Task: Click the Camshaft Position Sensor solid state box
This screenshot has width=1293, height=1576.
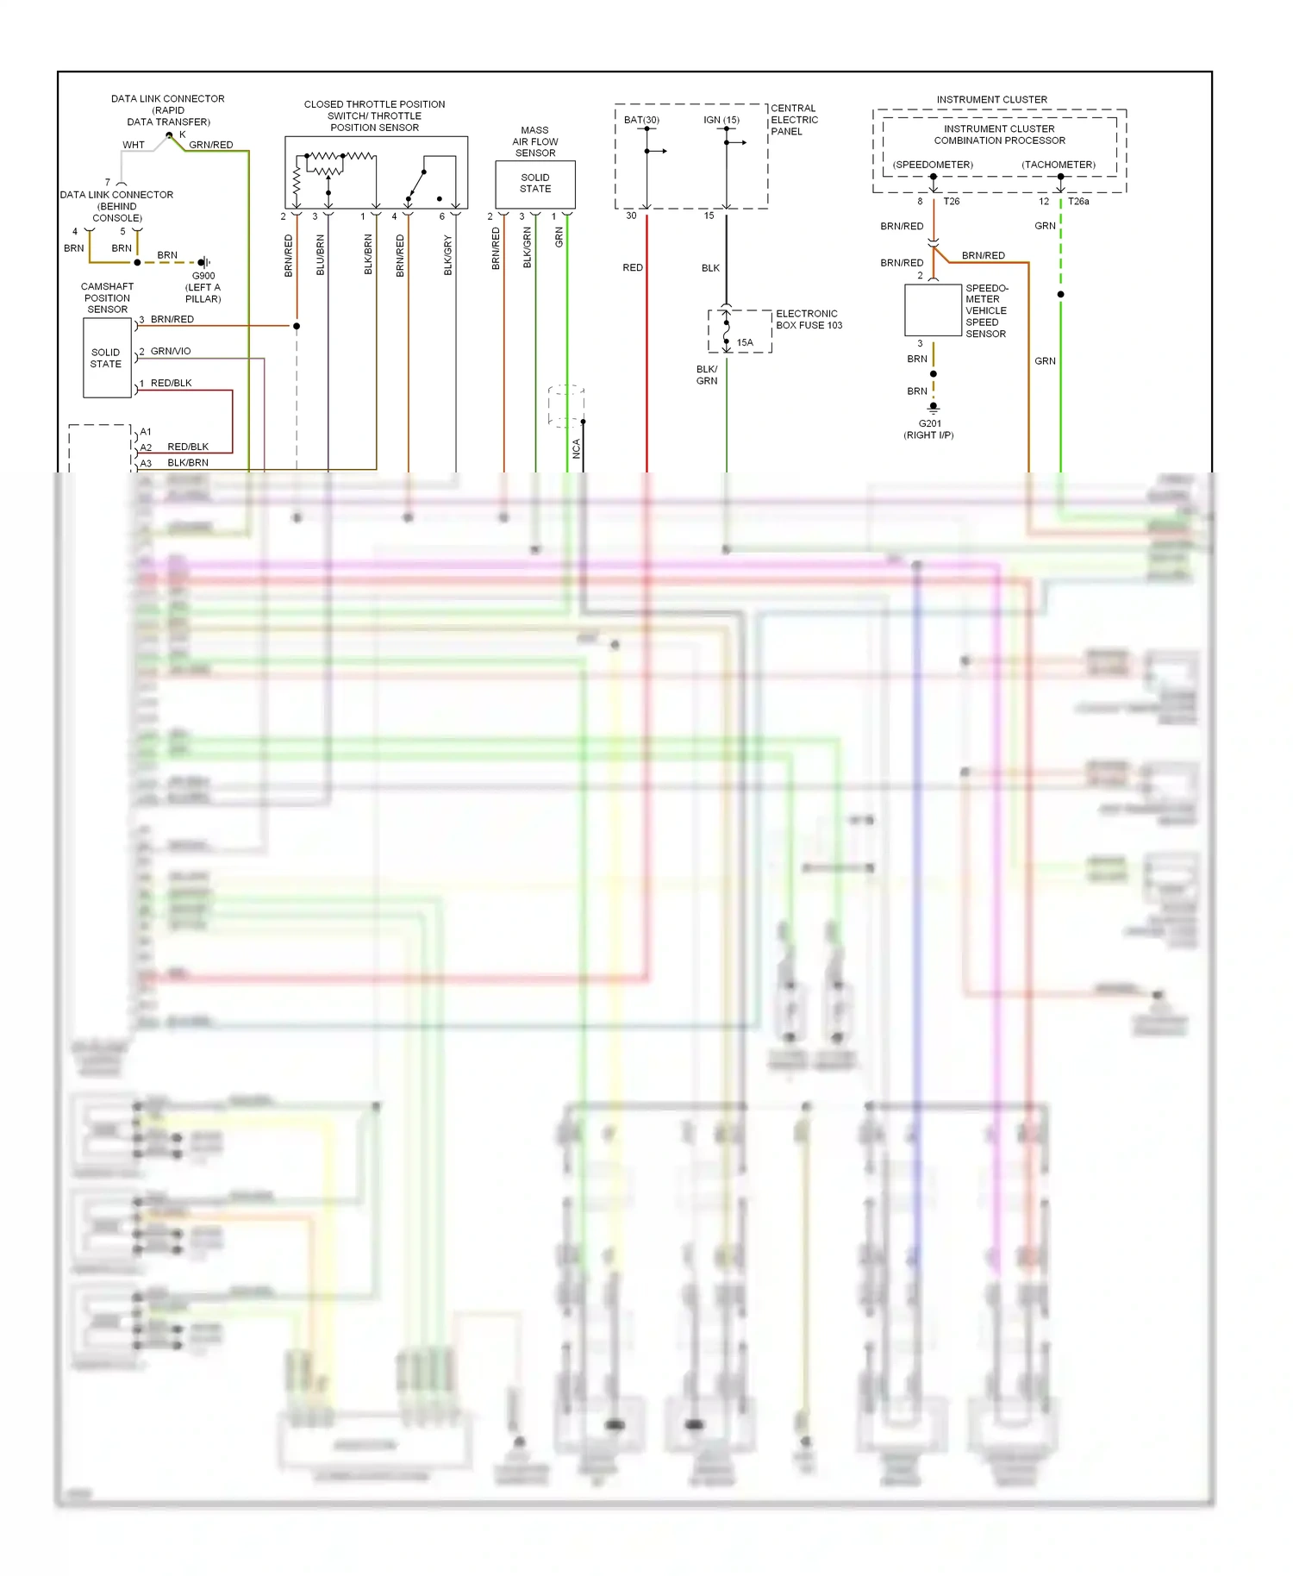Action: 107,358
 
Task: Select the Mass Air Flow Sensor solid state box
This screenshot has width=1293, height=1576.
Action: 534,184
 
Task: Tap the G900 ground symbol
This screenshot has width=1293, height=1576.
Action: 203,262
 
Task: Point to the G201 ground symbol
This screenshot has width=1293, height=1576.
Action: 933,407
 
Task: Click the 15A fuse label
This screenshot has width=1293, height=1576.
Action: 745,342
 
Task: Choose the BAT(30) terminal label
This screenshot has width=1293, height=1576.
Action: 641,120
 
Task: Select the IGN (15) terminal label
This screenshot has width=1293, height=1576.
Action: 721,120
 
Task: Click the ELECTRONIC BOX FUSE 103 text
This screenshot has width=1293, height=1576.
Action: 809,320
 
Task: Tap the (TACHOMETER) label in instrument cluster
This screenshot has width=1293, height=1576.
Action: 1059,165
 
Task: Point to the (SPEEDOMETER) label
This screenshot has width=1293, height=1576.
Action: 933,165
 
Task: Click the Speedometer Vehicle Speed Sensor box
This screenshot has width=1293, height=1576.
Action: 933,310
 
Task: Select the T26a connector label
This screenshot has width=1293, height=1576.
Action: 1078,202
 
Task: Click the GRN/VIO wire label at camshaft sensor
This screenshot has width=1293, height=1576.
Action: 171,351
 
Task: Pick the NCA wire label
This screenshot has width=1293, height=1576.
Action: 577,447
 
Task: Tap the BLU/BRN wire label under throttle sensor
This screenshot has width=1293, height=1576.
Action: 320,255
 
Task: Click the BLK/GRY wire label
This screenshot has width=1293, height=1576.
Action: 447,255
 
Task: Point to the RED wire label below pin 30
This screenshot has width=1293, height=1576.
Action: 633,268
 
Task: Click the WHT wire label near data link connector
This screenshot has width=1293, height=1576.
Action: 134,145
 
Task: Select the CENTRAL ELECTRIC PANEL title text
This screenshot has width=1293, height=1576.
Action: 794,120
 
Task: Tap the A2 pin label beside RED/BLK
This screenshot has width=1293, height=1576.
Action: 146,447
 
